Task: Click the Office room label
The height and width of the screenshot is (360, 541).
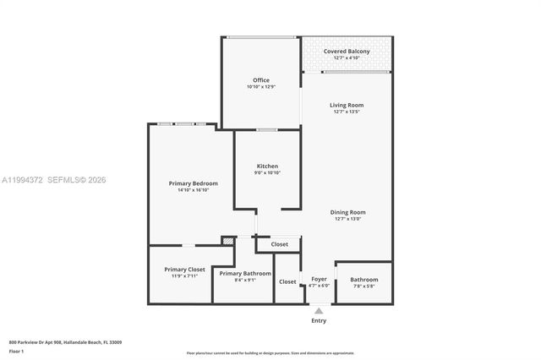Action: coord(261,80)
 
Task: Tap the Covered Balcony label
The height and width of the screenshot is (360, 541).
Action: coord(347,51)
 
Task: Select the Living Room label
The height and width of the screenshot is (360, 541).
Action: coord(347,105)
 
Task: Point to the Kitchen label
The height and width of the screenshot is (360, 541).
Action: coord(267,166)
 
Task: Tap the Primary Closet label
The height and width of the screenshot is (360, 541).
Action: coord(184,269)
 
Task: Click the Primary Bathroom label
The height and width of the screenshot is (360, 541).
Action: coord(245,273)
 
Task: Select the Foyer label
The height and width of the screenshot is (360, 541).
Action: coord(319,279)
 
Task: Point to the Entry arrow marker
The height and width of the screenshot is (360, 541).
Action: coord(319,311)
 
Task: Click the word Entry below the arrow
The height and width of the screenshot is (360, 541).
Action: coord(319,320)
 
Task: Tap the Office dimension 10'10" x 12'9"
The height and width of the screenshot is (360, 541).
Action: coord(261,87)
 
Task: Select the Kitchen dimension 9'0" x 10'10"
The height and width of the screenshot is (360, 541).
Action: coord(267,172)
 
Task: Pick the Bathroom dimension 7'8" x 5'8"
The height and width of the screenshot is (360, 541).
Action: coord(364,286)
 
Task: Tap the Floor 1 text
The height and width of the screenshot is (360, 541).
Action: coord(17,351)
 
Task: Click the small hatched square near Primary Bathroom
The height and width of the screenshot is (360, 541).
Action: coord(227,241)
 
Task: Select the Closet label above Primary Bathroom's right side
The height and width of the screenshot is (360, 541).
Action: coord(279,244)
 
